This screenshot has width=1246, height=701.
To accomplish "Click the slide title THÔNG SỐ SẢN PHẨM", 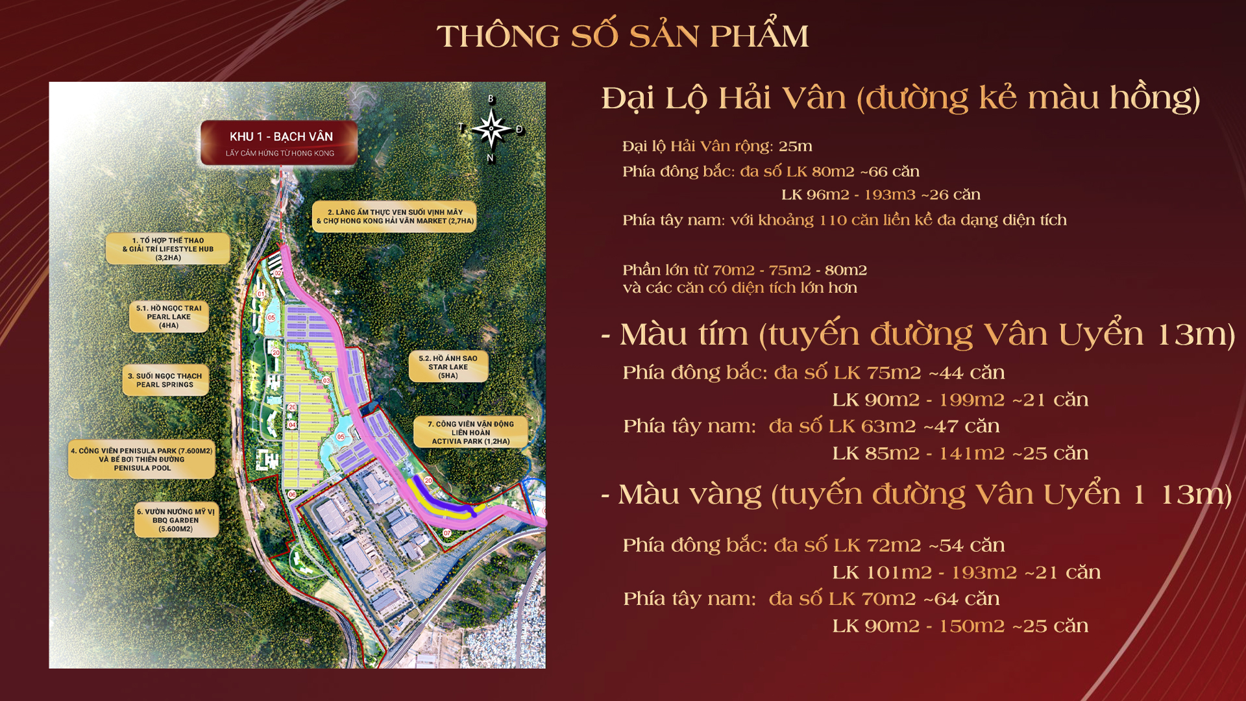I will pos(622,36).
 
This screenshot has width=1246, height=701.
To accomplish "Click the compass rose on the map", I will pos(491,129).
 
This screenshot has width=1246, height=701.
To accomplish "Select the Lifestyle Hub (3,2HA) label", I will pos(168,249).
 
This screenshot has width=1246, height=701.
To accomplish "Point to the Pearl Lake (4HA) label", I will pos(169,317).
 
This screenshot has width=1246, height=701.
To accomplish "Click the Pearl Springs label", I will pos(165,380).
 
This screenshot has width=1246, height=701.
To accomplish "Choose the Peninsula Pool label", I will pos(141,460).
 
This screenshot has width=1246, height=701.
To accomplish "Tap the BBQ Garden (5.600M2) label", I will pos(176,520).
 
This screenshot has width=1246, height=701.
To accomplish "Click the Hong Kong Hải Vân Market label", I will pos(395,217).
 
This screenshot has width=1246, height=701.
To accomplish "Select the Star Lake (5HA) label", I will pos(448,367).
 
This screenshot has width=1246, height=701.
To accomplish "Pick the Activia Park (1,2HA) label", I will pos(470,432).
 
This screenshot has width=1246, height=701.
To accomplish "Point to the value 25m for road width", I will pos(796,147).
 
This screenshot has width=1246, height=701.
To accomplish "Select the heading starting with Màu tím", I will pos(918,335).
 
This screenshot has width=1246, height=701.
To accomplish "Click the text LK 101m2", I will pos(881,572).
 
